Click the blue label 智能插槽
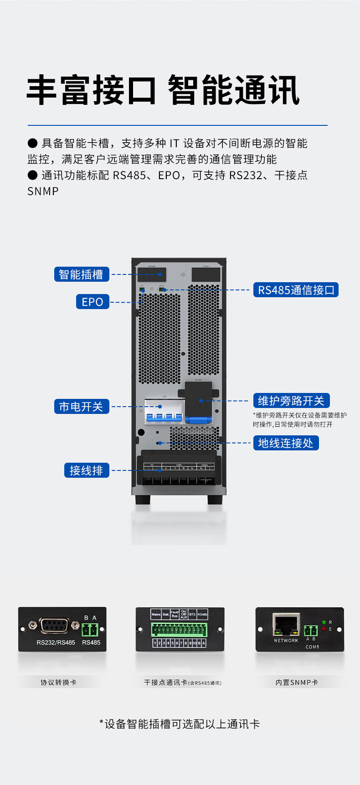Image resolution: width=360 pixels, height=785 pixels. [x=82, y=274]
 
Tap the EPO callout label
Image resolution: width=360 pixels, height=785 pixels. [x=93, y=302]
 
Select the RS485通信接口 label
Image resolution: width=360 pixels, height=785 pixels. [x=296, y=290]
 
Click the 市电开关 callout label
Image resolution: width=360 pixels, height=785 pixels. [x=82, y=407]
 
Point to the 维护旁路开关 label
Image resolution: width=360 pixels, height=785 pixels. [x=291, y=401]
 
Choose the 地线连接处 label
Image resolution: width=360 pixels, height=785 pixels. [x=286, y=443]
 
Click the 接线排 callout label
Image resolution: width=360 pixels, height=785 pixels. [x=87, y=470]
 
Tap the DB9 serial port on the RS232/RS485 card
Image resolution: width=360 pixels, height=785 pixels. [x=54, y=625]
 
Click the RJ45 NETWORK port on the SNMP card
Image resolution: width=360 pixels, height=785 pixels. [x=286, y=625]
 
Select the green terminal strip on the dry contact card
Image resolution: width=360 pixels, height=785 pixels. [x=180, y=630]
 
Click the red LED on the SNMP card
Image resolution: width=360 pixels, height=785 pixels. [x=324, y=629]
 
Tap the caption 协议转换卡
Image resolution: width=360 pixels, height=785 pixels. [x=58, y=682]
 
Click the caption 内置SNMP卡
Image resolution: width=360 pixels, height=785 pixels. [x=297, y=682]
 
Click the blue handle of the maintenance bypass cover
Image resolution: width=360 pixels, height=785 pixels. [x=199, y=420]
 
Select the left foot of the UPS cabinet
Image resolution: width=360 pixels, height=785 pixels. [x=143, y=500]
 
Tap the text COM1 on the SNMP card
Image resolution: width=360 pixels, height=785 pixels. [x=312, y=647]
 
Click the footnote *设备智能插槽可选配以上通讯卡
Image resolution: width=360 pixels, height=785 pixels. [x=180, y=724]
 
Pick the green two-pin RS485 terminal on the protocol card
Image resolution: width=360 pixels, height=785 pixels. [x=90, y=630]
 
